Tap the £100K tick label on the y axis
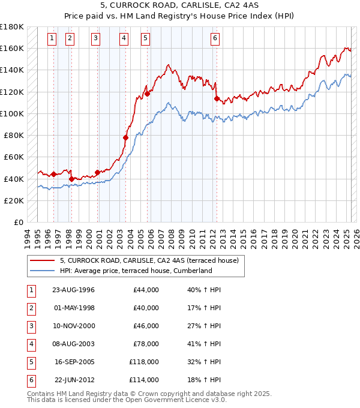(12, 113)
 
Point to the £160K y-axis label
(12, 48)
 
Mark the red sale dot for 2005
(147, 94)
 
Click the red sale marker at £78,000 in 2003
(126, 137)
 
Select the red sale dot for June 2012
(217, 98)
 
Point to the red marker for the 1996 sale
(53, 175)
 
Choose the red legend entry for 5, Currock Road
(149, 260)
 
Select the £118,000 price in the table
(144, 362)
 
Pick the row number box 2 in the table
(31, 308)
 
